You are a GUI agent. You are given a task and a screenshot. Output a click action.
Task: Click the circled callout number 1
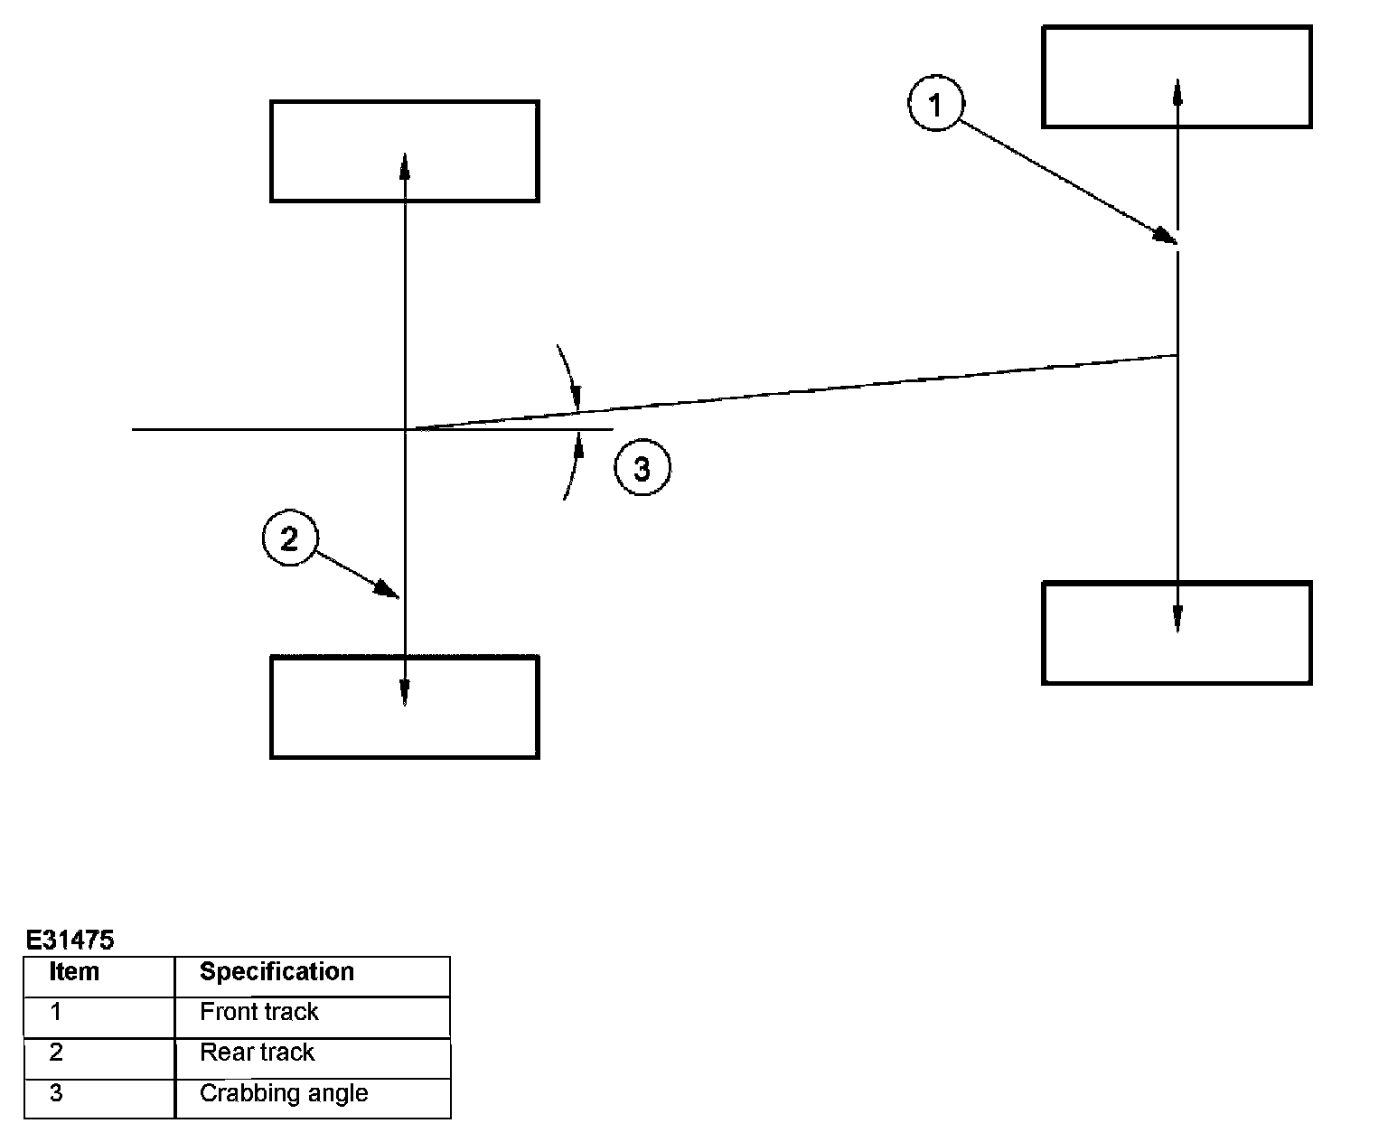[x=935, y=105]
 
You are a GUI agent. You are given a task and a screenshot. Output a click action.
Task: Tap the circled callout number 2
[x=289, y=539]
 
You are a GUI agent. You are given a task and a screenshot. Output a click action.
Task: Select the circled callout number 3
[x=642, y=469]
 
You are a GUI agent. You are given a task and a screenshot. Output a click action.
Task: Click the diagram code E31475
[x=70, y=941]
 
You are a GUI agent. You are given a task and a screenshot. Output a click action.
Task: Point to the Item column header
[x=74, y=972]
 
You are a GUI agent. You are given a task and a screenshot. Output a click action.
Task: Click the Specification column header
[x=277, y=972]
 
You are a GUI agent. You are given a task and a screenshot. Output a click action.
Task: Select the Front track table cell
[x=258, y=1012]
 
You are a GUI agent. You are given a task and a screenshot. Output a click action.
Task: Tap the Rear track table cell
[x=257, y=1053]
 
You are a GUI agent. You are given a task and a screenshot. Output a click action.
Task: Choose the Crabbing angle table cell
[x=284, y=1093]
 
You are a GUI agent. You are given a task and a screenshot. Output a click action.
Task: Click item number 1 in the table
[x=56, y=1012]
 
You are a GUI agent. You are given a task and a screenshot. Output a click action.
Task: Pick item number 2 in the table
[x=56, y=1053]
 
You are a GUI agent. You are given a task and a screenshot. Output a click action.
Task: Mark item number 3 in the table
[x=56, y=1093]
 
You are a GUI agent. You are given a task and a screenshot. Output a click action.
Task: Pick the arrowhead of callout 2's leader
[x=389, y=591]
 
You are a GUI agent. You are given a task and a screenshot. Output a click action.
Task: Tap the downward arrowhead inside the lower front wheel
[x=1177, y=619]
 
